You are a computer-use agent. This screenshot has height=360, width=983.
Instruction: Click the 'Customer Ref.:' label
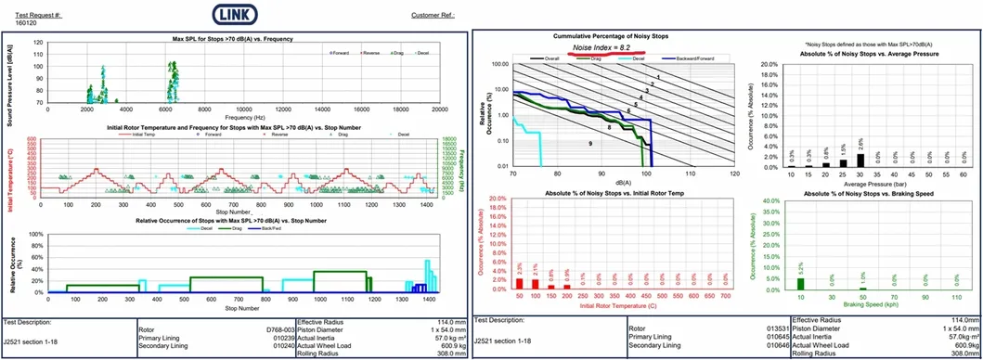pyautogui.click(x=433, y=16)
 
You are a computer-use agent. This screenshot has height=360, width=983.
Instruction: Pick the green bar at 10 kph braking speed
pyautogui.click(x=801, y=284)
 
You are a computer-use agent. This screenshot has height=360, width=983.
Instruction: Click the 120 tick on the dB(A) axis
pyautogui.click(x=734, y=174)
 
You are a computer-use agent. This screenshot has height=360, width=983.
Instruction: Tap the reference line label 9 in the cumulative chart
pyautogui.click(x=590, y=144)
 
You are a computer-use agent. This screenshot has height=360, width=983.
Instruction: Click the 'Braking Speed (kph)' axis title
pyautogui.click(x=865, y=303)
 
